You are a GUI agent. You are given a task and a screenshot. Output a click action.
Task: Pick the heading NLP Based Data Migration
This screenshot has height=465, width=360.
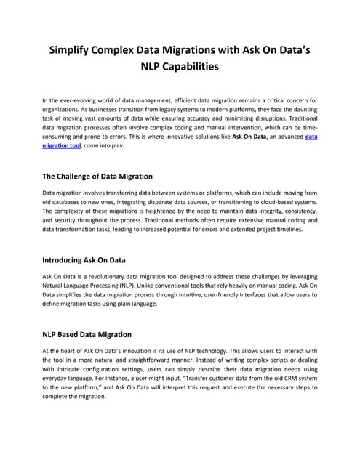point(87,334)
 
